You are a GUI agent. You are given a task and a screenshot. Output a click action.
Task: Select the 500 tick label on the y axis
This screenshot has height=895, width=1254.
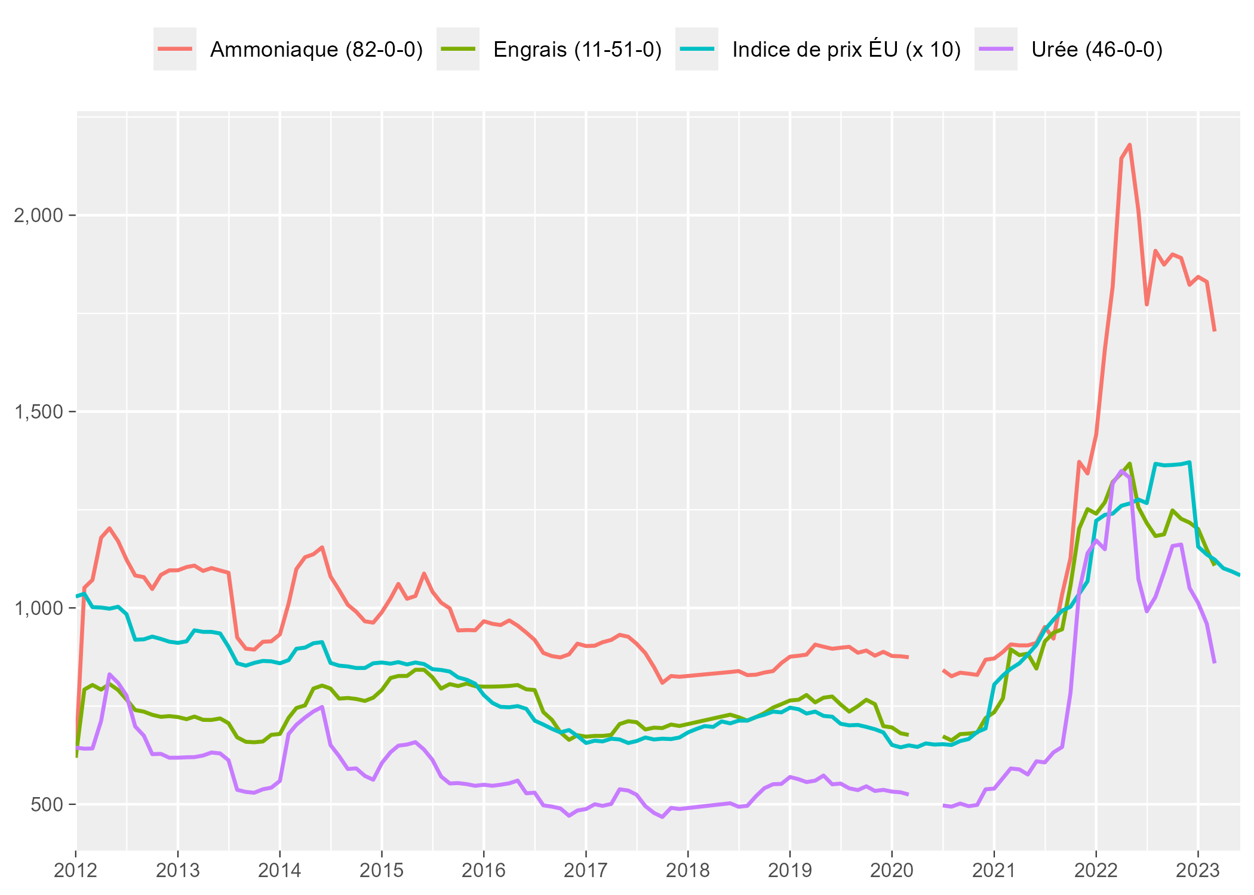(47, 805)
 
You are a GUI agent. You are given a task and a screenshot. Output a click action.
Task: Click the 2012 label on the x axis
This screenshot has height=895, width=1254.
(76, 871)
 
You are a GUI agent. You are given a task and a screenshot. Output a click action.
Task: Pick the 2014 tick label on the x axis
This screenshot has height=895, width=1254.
(279, 871)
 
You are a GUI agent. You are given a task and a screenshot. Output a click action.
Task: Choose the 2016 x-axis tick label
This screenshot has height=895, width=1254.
(484, 871)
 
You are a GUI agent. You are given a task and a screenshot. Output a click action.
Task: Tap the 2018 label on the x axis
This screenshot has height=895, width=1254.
(688, 871)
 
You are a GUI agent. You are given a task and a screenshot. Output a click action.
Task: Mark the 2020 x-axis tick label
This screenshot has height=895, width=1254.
(892, 871)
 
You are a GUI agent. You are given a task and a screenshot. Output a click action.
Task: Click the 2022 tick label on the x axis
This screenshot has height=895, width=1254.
(1096, 871)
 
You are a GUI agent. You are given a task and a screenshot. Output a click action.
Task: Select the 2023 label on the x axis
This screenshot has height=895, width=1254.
(1198, 871)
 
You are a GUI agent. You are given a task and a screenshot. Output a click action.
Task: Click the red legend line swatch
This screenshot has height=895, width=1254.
(175, 49)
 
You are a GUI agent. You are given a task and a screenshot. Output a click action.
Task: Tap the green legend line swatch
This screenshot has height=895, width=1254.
(458, 49)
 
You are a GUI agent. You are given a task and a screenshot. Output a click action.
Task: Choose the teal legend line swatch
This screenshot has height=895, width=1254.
(697, 49)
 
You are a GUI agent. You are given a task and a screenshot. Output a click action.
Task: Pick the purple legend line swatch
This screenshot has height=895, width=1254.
(996, 49)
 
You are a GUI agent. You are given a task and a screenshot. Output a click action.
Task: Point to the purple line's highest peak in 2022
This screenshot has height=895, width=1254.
(1121, 470)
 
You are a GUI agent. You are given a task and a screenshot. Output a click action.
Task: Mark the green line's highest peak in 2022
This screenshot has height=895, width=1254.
(1130, 463)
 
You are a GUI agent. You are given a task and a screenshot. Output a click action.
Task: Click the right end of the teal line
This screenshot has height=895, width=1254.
(1240, 574)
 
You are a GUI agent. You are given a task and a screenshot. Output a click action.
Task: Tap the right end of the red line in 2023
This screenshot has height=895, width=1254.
(1215, 330)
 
